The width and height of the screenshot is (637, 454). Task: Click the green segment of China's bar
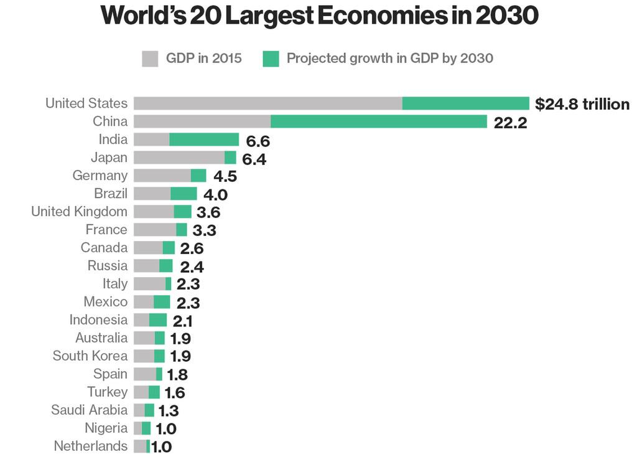coord(378,121)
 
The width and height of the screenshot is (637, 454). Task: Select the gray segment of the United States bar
coord(267,103)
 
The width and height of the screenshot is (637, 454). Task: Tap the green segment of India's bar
coord(203,140)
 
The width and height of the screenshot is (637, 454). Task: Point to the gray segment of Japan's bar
coord(179,158)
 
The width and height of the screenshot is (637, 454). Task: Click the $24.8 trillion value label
coord(582,104)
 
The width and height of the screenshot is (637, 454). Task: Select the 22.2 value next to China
coord(510,123)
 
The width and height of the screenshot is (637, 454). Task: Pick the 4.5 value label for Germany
coord(225,177)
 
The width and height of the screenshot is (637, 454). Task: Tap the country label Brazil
coord(110,194)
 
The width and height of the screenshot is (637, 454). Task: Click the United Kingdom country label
coord(79,212)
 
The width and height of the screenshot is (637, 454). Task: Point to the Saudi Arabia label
coord(89,410)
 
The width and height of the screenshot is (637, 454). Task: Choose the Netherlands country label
coord(90,447)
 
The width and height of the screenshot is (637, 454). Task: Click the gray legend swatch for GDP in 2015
coord(150,59)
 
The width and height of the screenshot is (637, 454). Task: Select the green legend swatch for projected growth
coord(271,59)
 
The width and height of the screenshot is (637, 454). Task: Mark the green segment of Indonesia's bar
coord(158,320)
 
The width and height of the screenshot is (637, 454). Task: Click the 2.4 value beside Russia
coord(192,267)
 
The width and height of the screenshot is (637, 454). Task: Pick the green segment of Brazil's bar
coord(184,194)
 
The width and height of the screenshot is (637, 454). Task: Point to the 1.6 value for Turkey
coord(174,393)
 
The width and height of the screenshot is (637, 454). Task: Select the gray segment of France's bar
coord(154,230)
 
